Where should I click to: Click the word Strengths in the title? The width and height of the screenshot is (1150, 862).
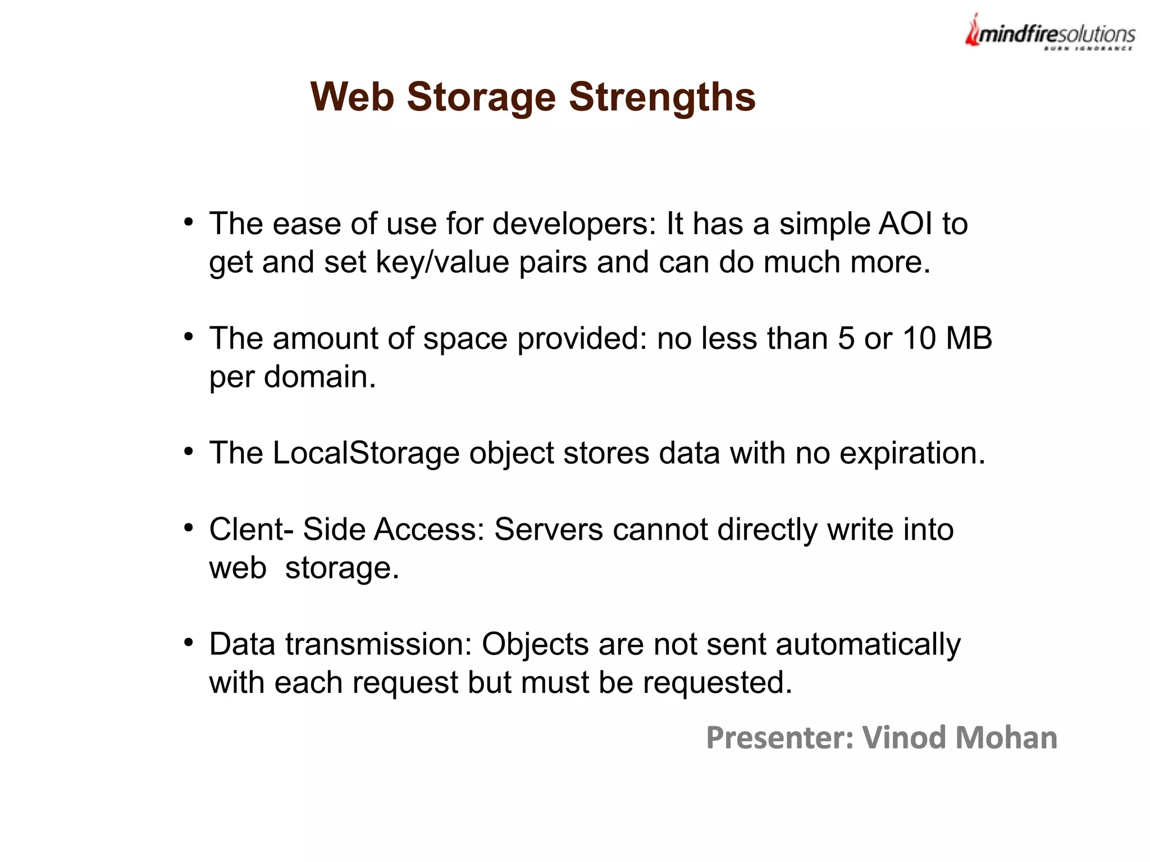662,97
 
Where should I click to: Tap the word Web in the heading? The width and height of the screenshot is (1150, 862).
352,97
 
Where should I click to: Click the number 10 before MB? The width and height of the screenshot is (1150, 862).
919,338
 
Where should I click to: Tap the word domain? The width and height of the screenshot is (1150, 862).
320,377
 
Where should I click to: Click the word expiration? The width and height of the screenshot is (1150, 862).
912,454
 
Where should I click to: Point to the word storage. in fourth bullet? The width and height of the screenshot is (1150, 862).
342,568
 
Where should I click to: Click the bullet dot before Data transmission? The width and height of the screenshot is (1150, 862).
189,642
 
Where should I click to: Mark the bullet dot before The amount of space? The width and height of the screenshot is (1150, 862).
189,336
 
